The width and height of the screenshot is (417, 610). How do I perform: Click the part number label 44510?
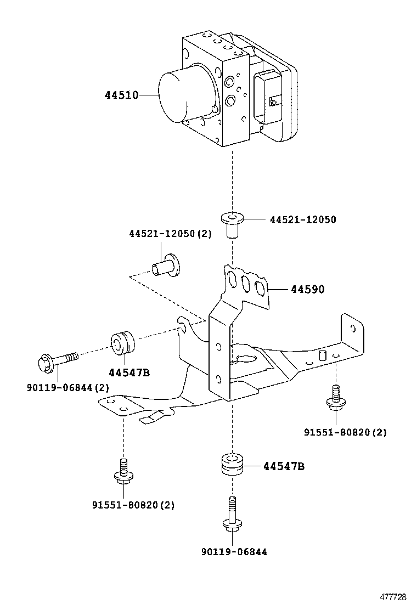121,95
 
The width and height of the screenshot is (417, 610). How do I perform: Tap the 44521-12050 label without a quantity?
303,219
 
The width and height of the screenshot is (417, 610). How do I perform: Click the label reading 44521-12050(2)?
170,234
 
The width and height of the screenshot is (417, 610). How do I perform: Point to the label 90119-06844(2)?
67,387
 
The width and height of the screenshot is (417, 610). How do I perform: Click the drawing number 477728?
393,596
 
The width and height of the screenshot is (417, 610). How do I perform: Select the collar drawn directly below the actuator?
233,224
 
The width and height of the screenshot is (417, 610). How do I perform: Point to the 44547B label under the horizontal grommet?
129,372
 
